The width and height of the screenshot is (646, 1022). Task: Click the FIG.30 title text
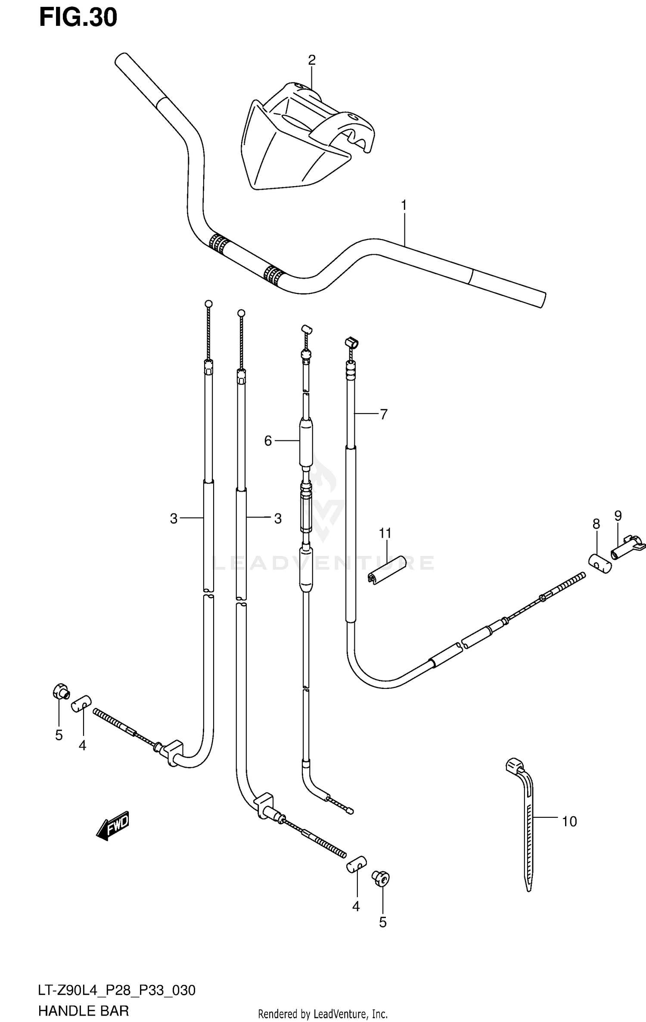[x=78, y=18]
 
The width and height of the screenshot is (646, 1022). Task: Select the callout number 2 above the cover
[x=312, y=60]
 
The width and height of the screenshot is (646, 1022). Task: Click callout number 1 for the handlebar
[x=404, y=206]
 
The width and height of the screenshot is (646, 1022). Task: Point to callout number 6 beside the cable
[x=268, y=441]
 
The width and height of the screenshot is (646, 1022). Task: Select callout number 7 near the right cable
[x=383, y=414]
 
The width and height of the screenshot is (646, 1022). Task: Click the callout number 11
[x=385, y=533]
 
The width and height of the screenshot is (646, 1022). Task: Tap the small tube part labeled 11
[x=387, y=570]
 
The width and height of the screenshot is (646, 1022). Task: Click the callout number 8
[x=596, y=524]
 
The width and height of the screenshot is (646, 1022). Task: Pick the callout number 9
[x=618, y=515]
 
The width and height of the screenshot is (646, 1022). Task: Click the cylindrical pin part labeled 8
[x=600, y=564]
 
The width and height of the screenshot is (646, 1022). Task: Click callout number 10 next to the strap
[x=569, y=822]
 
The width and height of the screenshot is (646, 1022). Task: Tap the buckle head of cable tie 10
[x=514, y=765]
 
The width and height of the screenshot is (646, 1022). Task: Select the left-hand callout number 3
[x=174, y=519]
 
